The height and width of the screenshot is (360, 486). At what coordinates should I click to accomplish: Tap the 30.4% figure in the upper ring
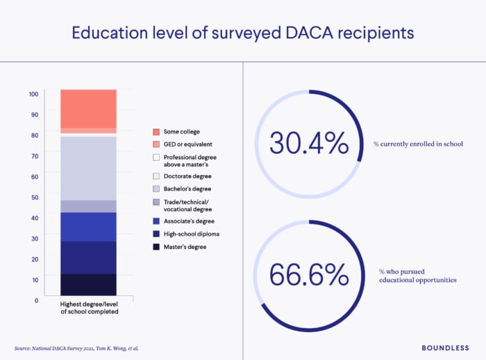pos(308,143)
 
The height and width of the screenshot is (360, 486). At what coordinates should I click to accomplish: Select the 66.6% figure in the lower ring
pos(308,275)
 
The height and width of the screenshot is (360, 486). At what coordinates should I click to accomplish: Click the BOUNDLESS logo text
pos(444,347)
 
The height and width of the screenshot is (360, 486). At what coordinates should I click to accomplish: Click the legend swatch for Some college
pos(156,131)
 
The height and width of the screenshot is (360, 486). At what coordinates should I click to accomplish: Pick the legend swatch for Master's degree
pos(156,247)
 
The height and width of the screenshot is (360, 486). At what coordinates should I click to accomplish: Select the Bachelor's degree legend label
pos(187,189)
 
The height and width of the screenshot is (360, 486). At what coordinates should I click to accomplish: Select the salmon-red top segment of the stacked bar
pos(88,108)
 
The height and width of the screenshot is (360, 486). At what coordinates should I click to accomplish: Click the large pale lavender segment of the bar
pos(88,167)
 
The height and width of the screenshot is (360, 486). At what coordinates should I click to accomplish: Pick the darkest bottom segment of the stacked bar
pos(88,284)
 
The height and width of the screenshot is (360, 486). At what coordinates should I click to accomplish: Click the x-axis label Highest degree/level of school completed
pos(88,307)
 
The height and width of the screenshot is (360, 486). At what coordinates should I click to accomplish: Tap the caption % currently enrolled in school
pos(418,144)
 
